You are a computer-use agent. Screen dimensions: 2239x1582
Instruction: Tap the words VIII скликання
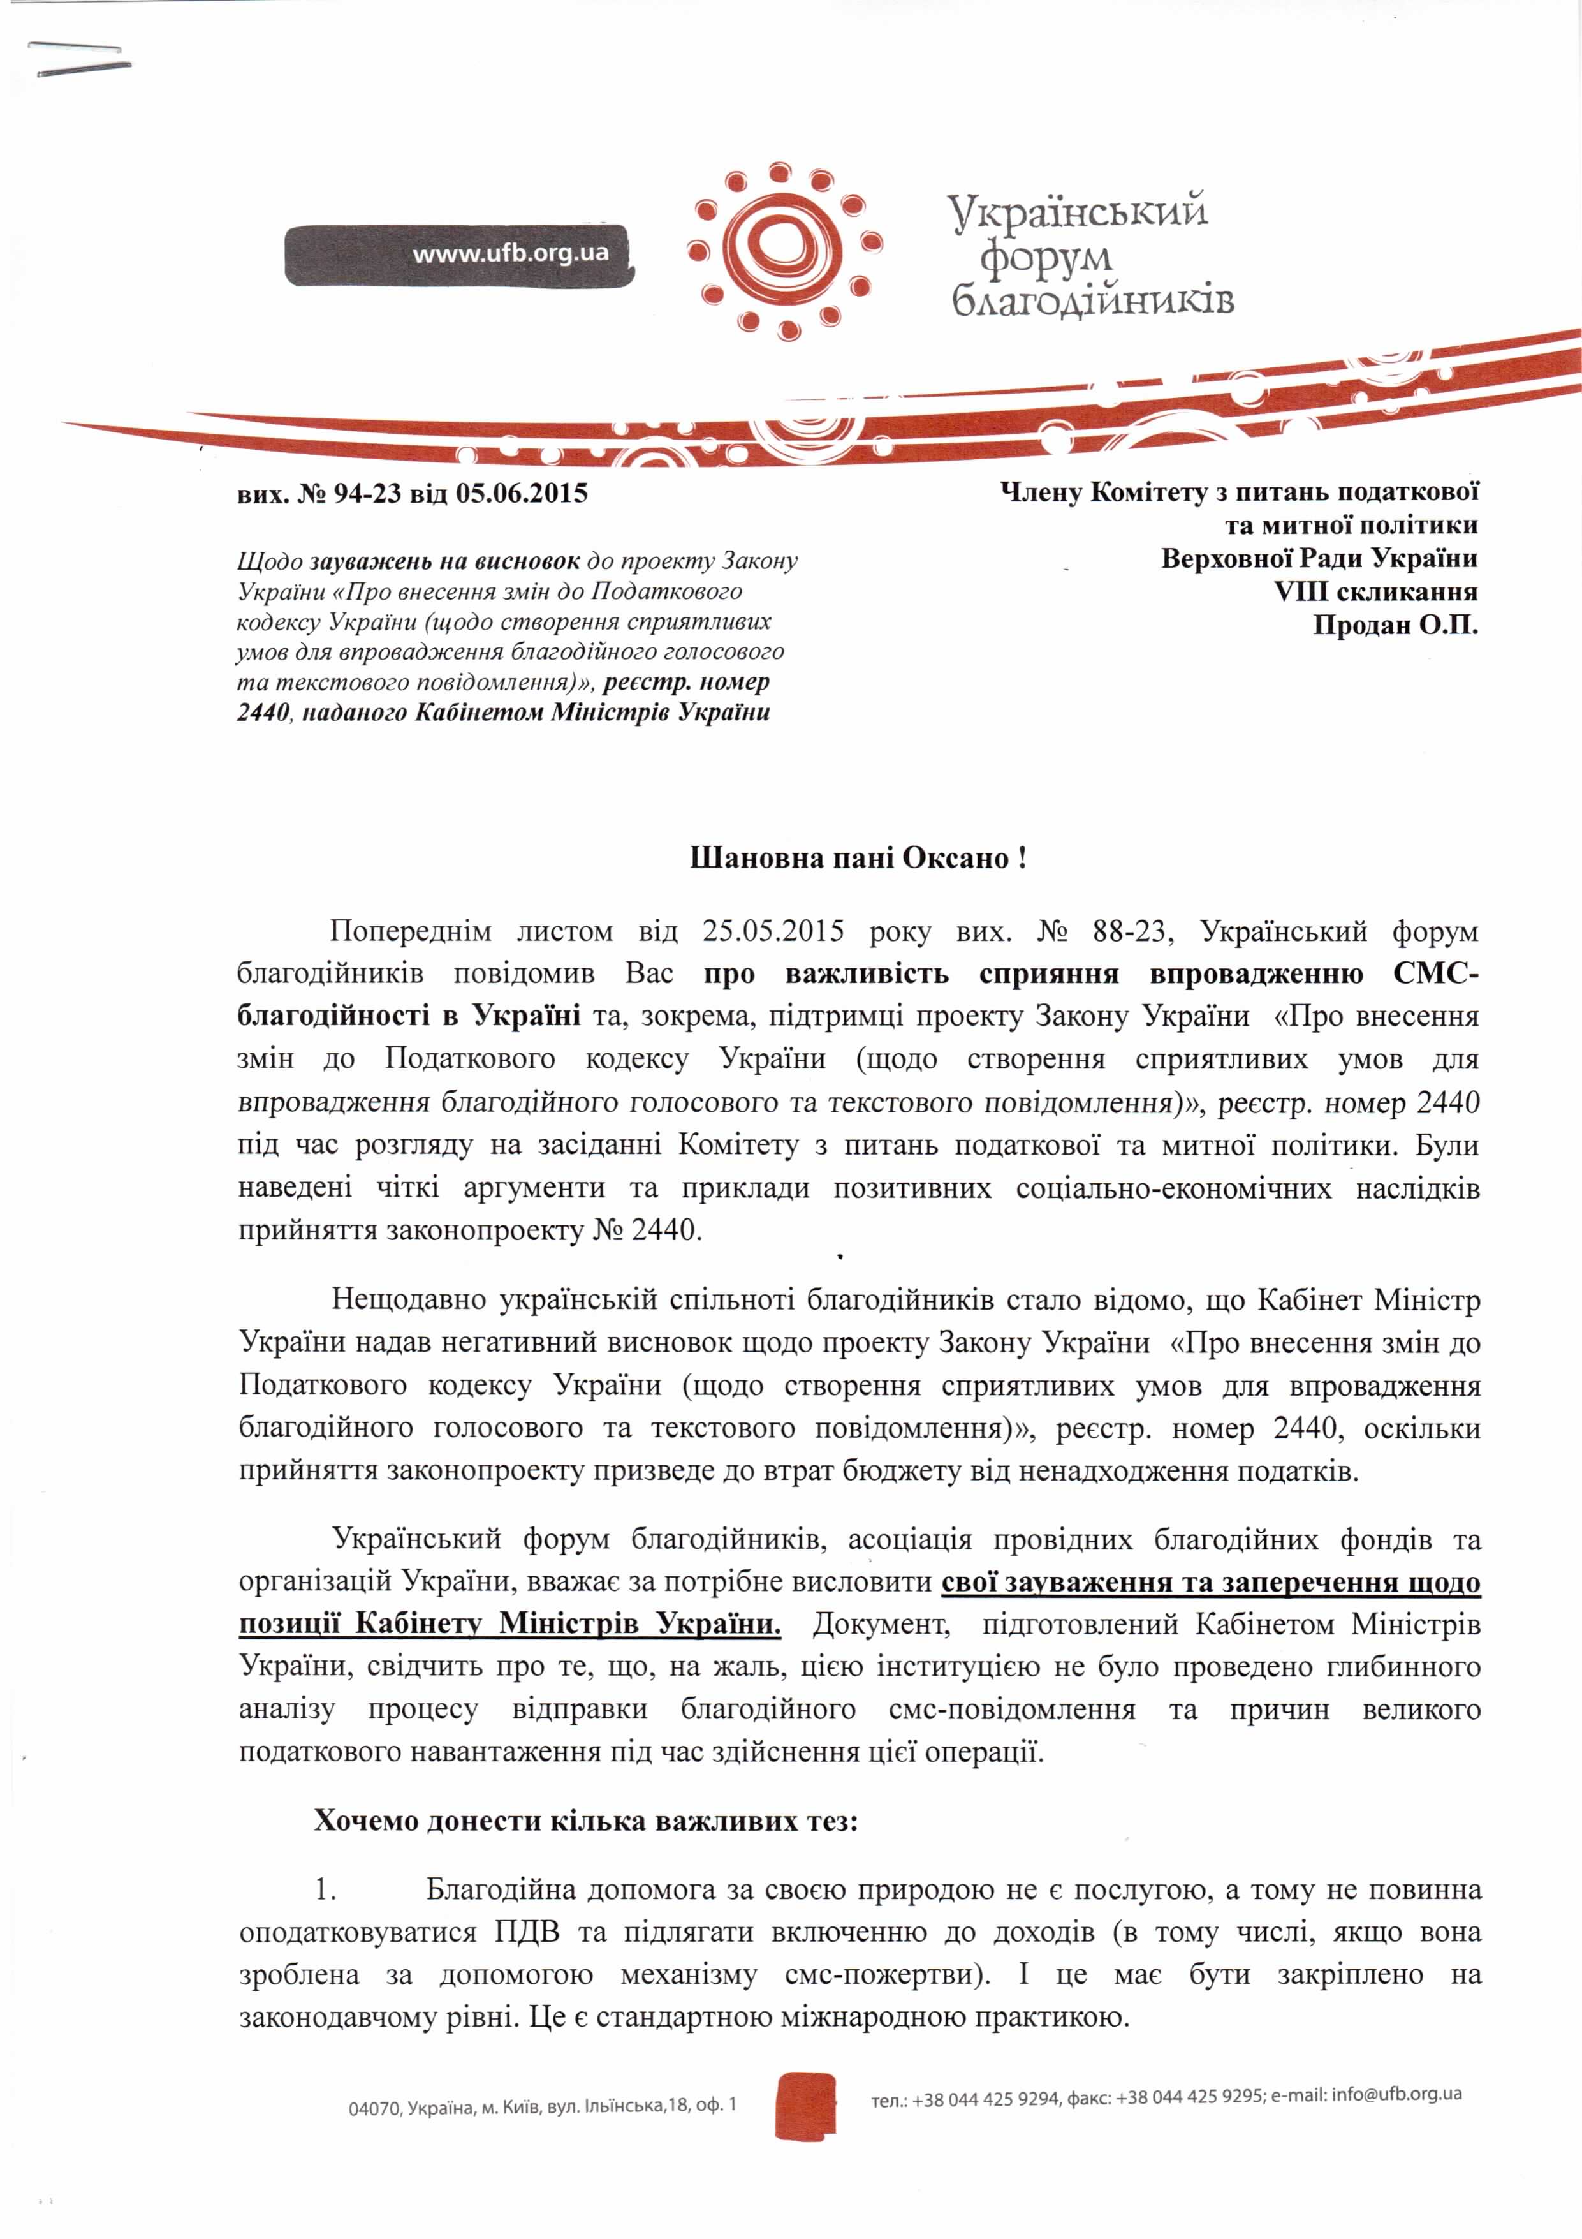[x=1375, y=591]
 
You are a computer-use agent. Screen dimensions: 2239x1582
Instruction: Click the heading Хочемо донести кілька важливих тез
[x=585, y=1821]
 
